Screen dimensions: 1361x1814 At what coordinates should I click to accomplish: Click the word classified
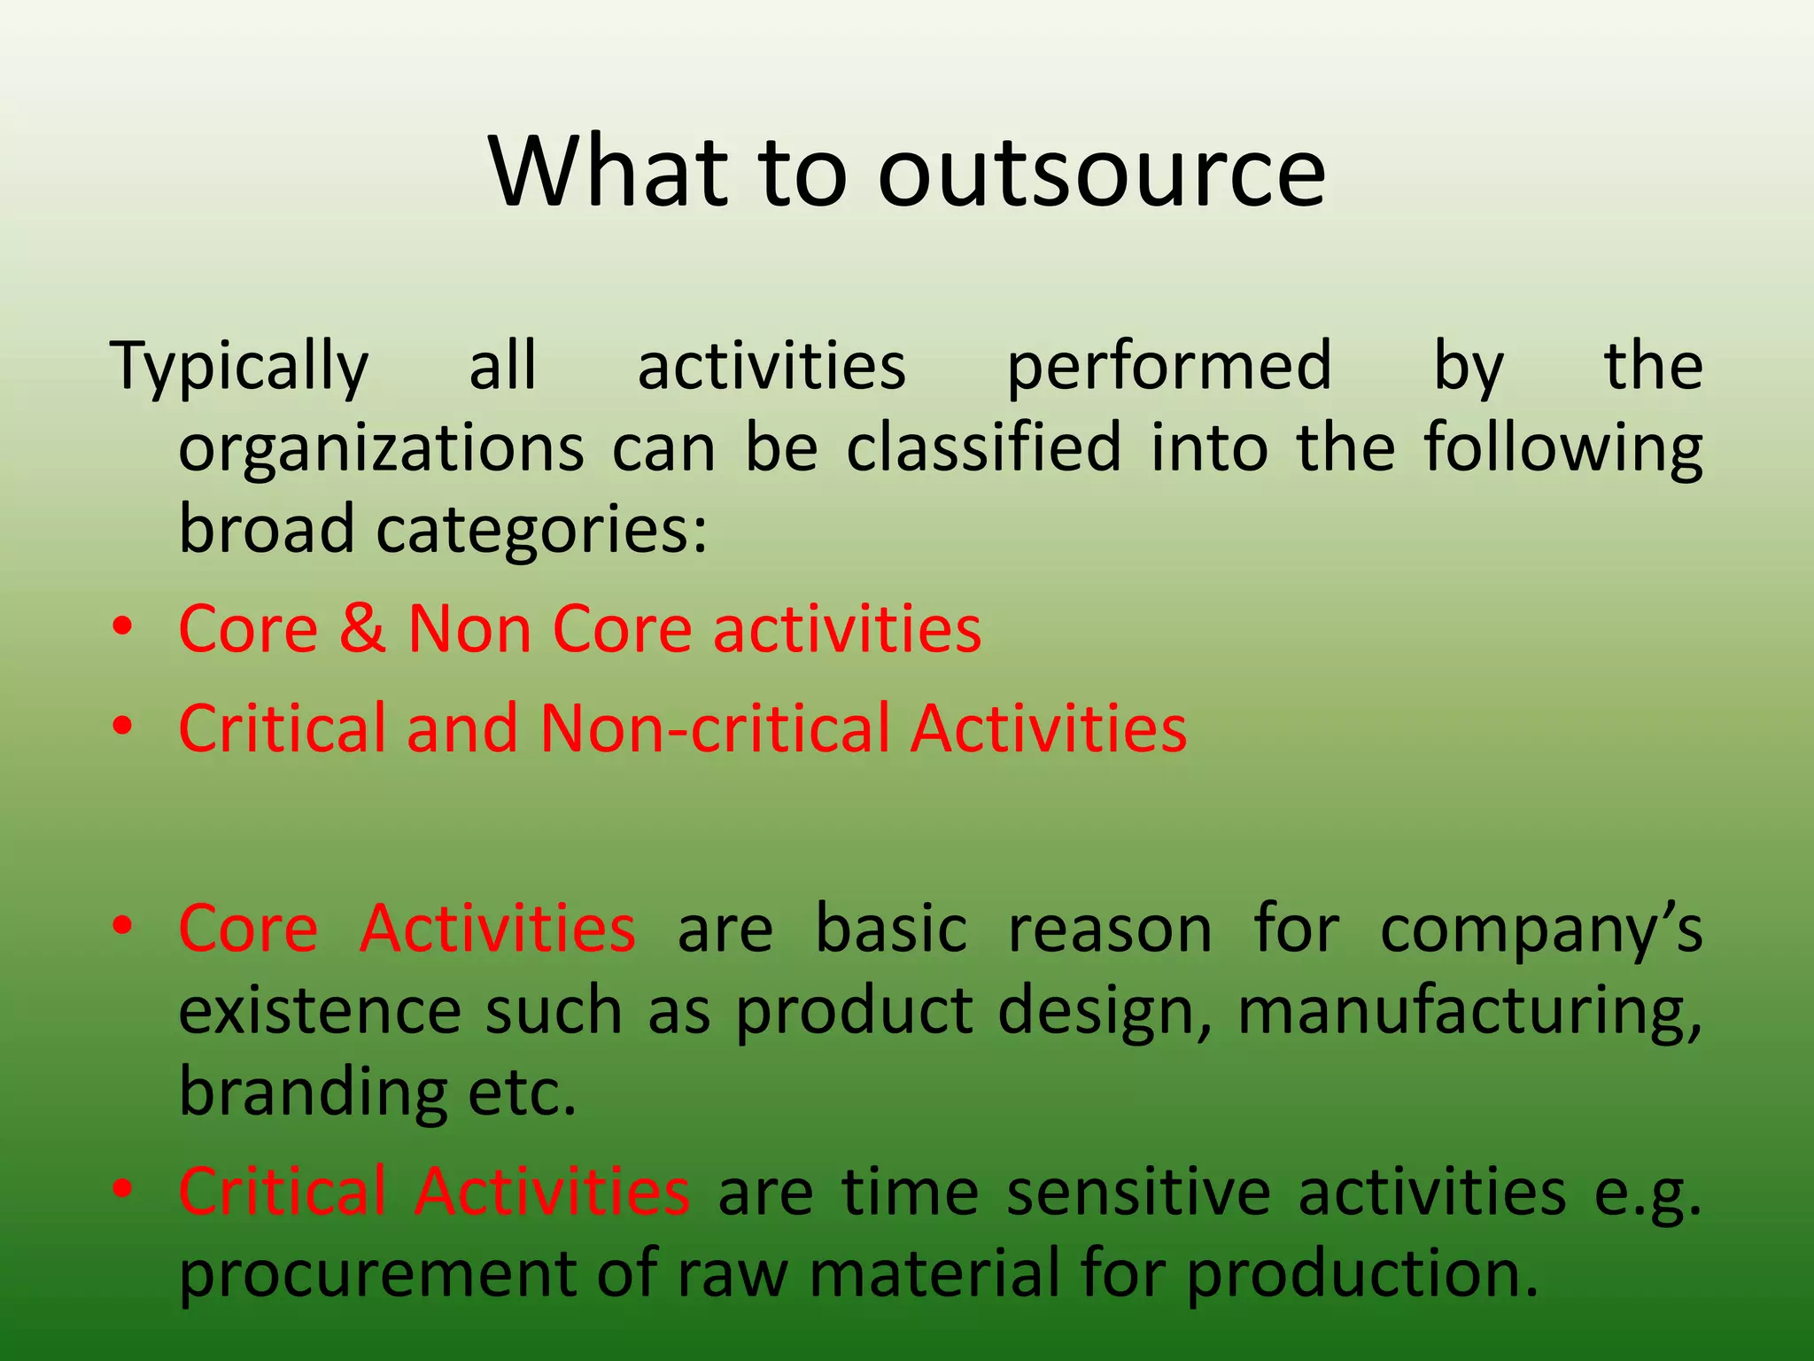984,447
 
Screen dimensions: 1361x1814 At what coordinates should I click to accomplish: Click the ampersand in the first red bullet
362,629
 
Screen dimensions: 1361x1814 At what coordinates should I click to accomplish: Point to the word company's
1541,930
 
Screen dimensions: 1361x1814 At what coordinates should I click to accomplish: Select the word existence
319,1012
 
